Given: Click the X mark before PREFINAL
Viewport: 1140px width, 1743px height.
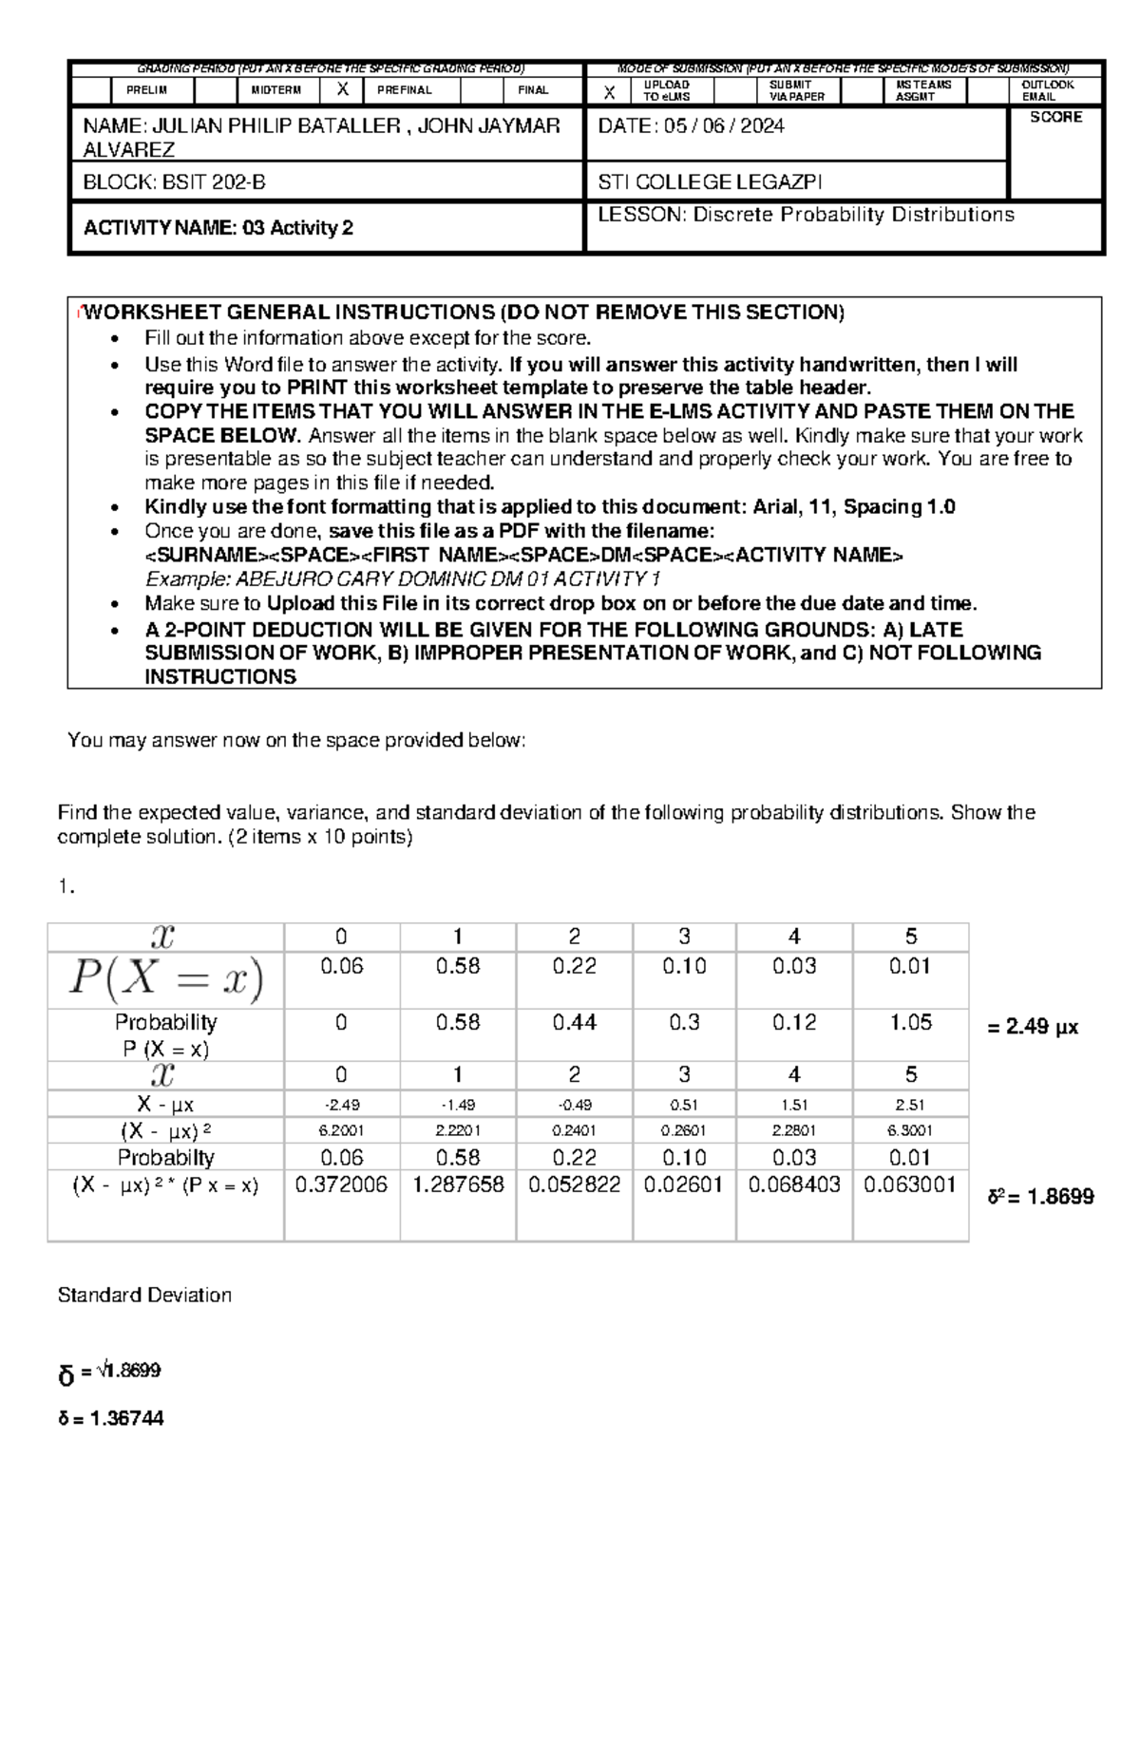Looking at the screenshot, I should coord(344,90).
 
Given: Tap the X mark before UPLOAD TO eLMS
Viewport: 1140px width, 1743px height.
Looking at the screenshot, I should coord(610,92).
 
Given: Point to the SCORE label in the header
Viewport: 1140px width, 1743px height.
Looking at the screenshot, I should coord(1055,117).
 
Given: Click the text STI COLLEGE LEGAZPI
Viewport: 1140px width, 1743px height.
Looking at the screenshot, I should coord(710,181).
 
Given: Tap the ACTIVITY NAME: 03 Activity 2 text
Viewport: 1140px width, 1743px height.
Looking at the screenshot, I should coord(218,228).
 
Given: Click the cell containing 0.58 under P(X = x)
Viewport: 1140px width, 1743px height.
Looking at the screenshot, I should coord(458,966).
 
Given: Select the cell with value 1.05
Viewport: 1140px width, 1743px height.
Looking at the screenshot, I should coord(910,1022).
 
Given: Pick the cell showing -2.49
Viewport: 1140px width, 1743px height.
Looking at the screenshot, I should coord(341,1105).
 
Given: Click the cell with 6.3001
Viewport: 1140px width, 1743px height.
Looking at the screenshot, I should coord(910,1130).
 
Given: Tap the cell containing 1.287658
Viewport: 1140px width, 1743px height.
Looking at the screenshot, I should coord(458,1184).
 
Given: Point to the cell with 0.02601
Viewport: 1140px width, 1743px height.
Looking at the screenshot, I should coord(683,1184).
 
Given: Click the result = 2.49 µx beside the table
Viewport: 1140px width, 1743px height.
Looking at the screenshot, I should coord(1033,1027).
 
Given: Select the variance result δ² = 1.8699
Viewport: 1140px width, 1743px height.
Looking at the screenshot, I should coord(1040,1197).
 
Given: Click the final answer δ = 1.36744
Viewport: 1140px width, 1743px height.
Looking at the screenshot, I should coord(111,1418).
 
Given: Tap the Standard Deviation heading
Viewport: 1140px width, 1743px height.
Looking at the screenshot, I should coord(144,1295).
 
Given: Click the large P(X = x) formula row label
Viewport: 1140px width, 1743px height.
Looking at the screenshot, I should coord(165,979).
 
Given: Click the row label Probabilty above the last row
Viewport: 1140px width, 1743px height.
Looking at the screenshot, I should coord(165,1157).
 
